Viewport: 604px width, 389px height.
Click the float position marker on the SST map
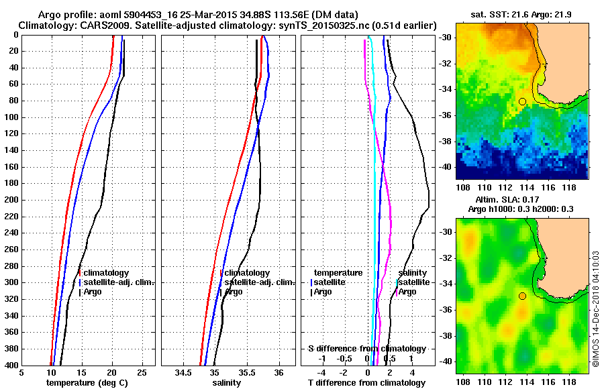point(522,101)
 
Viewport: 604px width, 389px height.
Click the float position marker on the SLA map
point(522,296)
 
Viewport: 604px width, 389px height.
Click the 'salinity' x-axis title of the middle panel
point(227,382)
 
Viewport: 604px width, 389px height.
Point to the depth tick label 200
point(11,200)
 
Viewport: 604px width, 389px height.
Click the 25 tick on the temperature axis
point(142,373)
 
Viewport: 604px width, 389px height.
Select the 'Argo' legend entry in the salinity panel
point(234,292)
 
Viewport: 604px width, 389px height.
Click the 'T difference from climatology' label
point(366,382)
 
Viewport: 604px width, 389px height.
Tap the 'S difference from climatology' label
point(366,349)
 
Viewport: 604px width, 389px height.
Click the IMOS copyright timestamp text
point(595,309)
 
